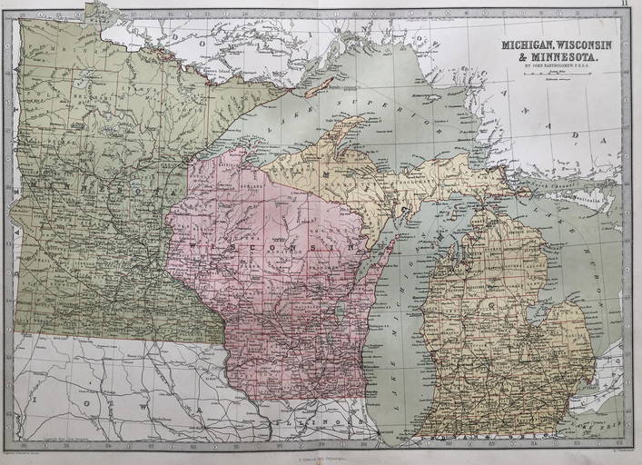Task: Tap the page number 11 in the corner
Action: coord(625,5)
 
